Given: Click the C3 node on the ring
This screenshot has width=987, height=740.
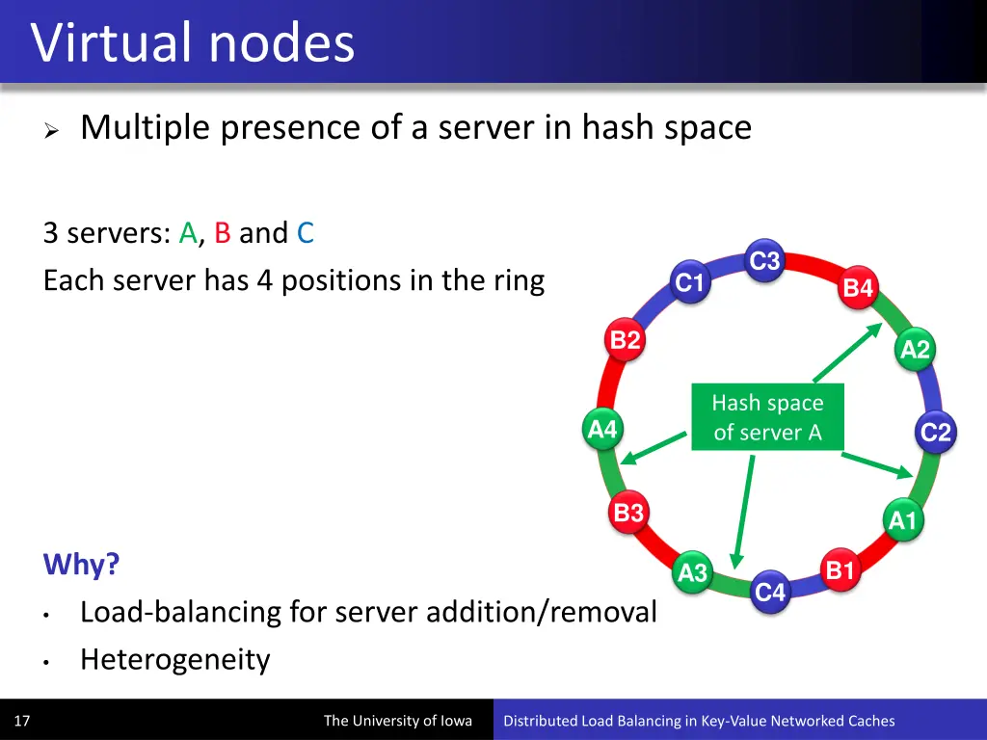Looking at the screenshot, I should (x=764, y=261).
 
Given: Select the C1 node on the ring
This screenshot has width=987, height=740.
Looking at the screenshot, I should (x=690, y=282).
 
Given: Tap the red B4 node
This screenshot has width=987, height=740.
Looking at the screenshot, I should (x=858, y=287).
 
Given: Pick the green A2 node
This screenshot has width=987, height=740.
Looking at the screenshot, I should (x=915, y=349).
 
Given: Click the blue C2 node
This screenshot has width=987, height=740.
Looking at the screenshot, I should (x=935, y=433).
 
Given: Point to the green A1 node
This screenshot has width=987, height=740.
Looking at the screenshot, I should (x=903, y=521).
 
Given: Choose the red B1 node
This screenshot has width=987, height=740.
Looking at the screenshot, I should (x=840, y=570).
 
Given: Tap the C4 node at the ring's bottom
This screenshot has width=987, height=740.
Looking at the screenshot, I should (x=770, y=593).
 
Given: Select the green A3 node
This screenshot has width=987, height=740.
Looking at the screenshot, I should (x=692, y=573).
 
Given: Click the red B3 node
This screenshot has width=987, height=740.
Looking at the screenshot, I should (x=628, y=513).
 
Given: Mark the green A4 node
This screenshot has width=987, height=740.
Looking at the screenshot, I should (x=602, y=429).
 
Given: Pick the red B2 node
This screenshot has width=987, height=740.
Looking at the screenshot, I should (x=626, y=339).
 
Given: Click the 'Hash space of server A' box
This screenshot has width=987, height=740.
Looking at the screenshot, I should (x=767, y=417).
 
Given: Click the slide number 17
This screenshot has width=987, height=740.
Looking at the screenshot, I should (x=22, y=721).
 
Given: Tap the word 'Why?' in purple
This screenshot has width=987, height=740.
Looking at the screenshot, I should (x=81, y=564).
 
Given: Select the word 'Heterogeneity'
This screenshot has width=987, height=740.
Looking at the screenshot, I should (x=174, y=660).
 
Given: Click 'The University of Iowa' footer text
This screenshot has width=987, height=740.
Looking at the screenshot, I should (x=397, y=721).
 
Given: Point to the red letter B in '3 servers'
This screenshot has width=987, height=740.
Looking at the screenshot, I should (x=222, y=233).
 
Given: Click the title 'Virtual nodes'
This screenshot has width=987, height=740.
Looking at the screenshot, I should (x=193, y=43).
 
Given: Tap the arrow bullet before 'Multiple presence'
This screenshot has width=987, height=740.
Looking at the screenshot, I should (x=53, y=130).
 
